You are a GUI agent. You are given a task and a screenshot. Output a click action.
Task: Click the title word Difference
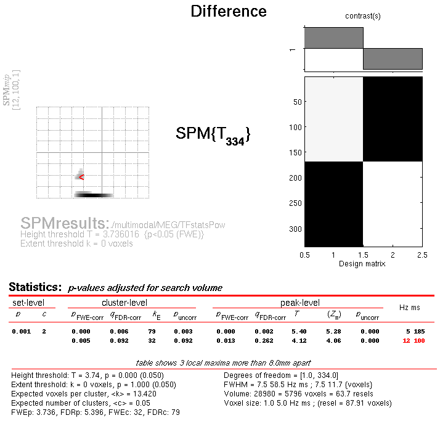[229, 11]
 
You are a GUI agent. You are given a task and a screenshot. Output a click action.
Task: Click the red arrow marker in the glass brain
[81, 178]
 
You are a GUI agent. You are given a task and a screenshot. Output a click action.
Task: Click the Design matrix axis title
[363, 264]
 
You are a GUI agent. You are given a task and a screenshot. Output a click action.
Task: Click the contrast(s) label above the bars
[363, 16]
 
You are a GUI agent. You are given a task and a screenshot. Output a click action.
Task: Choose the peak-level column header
[300, 303]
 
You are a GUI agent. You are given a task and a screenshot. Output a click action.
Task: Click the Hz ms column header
[409, 306]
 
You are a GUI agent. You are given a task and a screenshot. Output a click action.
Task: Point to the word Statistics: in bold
[35, 287]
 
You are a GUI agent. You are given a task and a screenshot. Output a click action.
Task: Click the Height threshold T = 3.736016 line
[112, 235]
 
